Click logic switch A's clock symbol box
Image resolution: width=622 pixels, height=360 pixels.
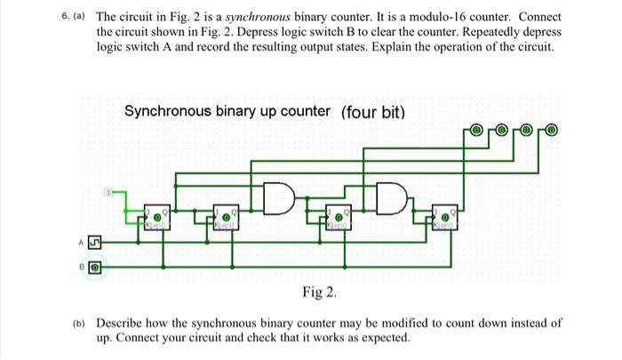tap(96, 239)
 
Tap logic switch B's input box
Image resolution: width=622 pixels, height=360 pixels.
tap(96, 265)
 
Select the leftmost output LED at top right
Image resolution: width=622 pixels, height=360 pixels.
tap(476, 130)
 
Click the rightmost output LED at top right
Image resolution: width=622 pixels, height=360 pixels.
tap(552, 130)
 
